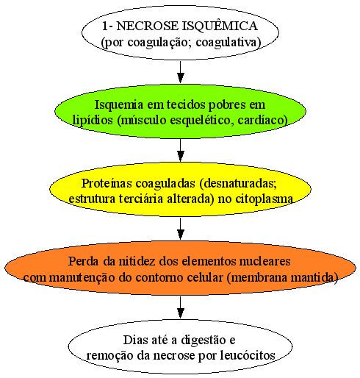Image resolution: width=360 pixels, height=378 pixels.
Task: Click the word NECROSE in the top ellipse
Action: click(x=148, y=26)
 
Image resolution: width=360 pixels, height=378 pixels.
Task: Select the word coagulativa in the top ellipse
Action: click(x=228, y=42)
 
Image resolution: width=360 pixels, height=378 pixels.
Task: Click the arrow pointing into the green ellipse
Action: click(x=181, y=72)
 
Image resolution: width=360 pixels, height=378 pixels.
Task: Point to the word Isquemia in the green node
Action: click(x=119, y=105)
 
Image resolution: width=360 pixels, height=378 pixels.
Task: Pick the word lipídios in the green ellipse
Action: click(x=93, y=121)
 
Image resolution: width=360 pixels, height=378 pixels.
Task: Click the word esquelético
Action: click(x=199, y=121)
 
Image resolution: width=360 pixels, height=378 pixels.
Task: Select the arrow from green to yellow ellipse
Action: click(x=181, y=150)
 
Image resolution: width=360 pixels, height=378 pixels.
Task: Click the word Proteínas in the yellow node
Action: click(x=107, y=183)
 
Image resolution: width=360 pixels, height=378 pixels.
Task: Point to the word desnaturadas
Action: click(x=238, y=183)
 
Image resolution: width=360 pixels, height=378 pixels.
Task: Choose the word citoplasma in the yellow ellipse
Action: click(x=264, y=199)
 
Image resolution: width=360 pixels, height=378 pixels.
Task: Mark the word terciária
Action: click(x=141, y=199)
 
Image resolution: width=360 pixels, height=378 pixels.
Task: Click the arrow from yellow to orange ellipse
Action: click(x=181, y=229)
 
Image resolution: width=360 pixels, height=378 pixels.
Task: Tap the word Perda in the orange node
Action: click(x=84, y=261)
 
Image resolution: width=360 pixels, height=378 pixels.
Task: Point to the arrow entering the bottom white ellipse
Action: click(x=181, y=307)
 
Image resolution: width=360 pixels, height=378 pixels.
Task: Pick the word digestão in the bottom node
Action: click(x=204, y=340)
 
